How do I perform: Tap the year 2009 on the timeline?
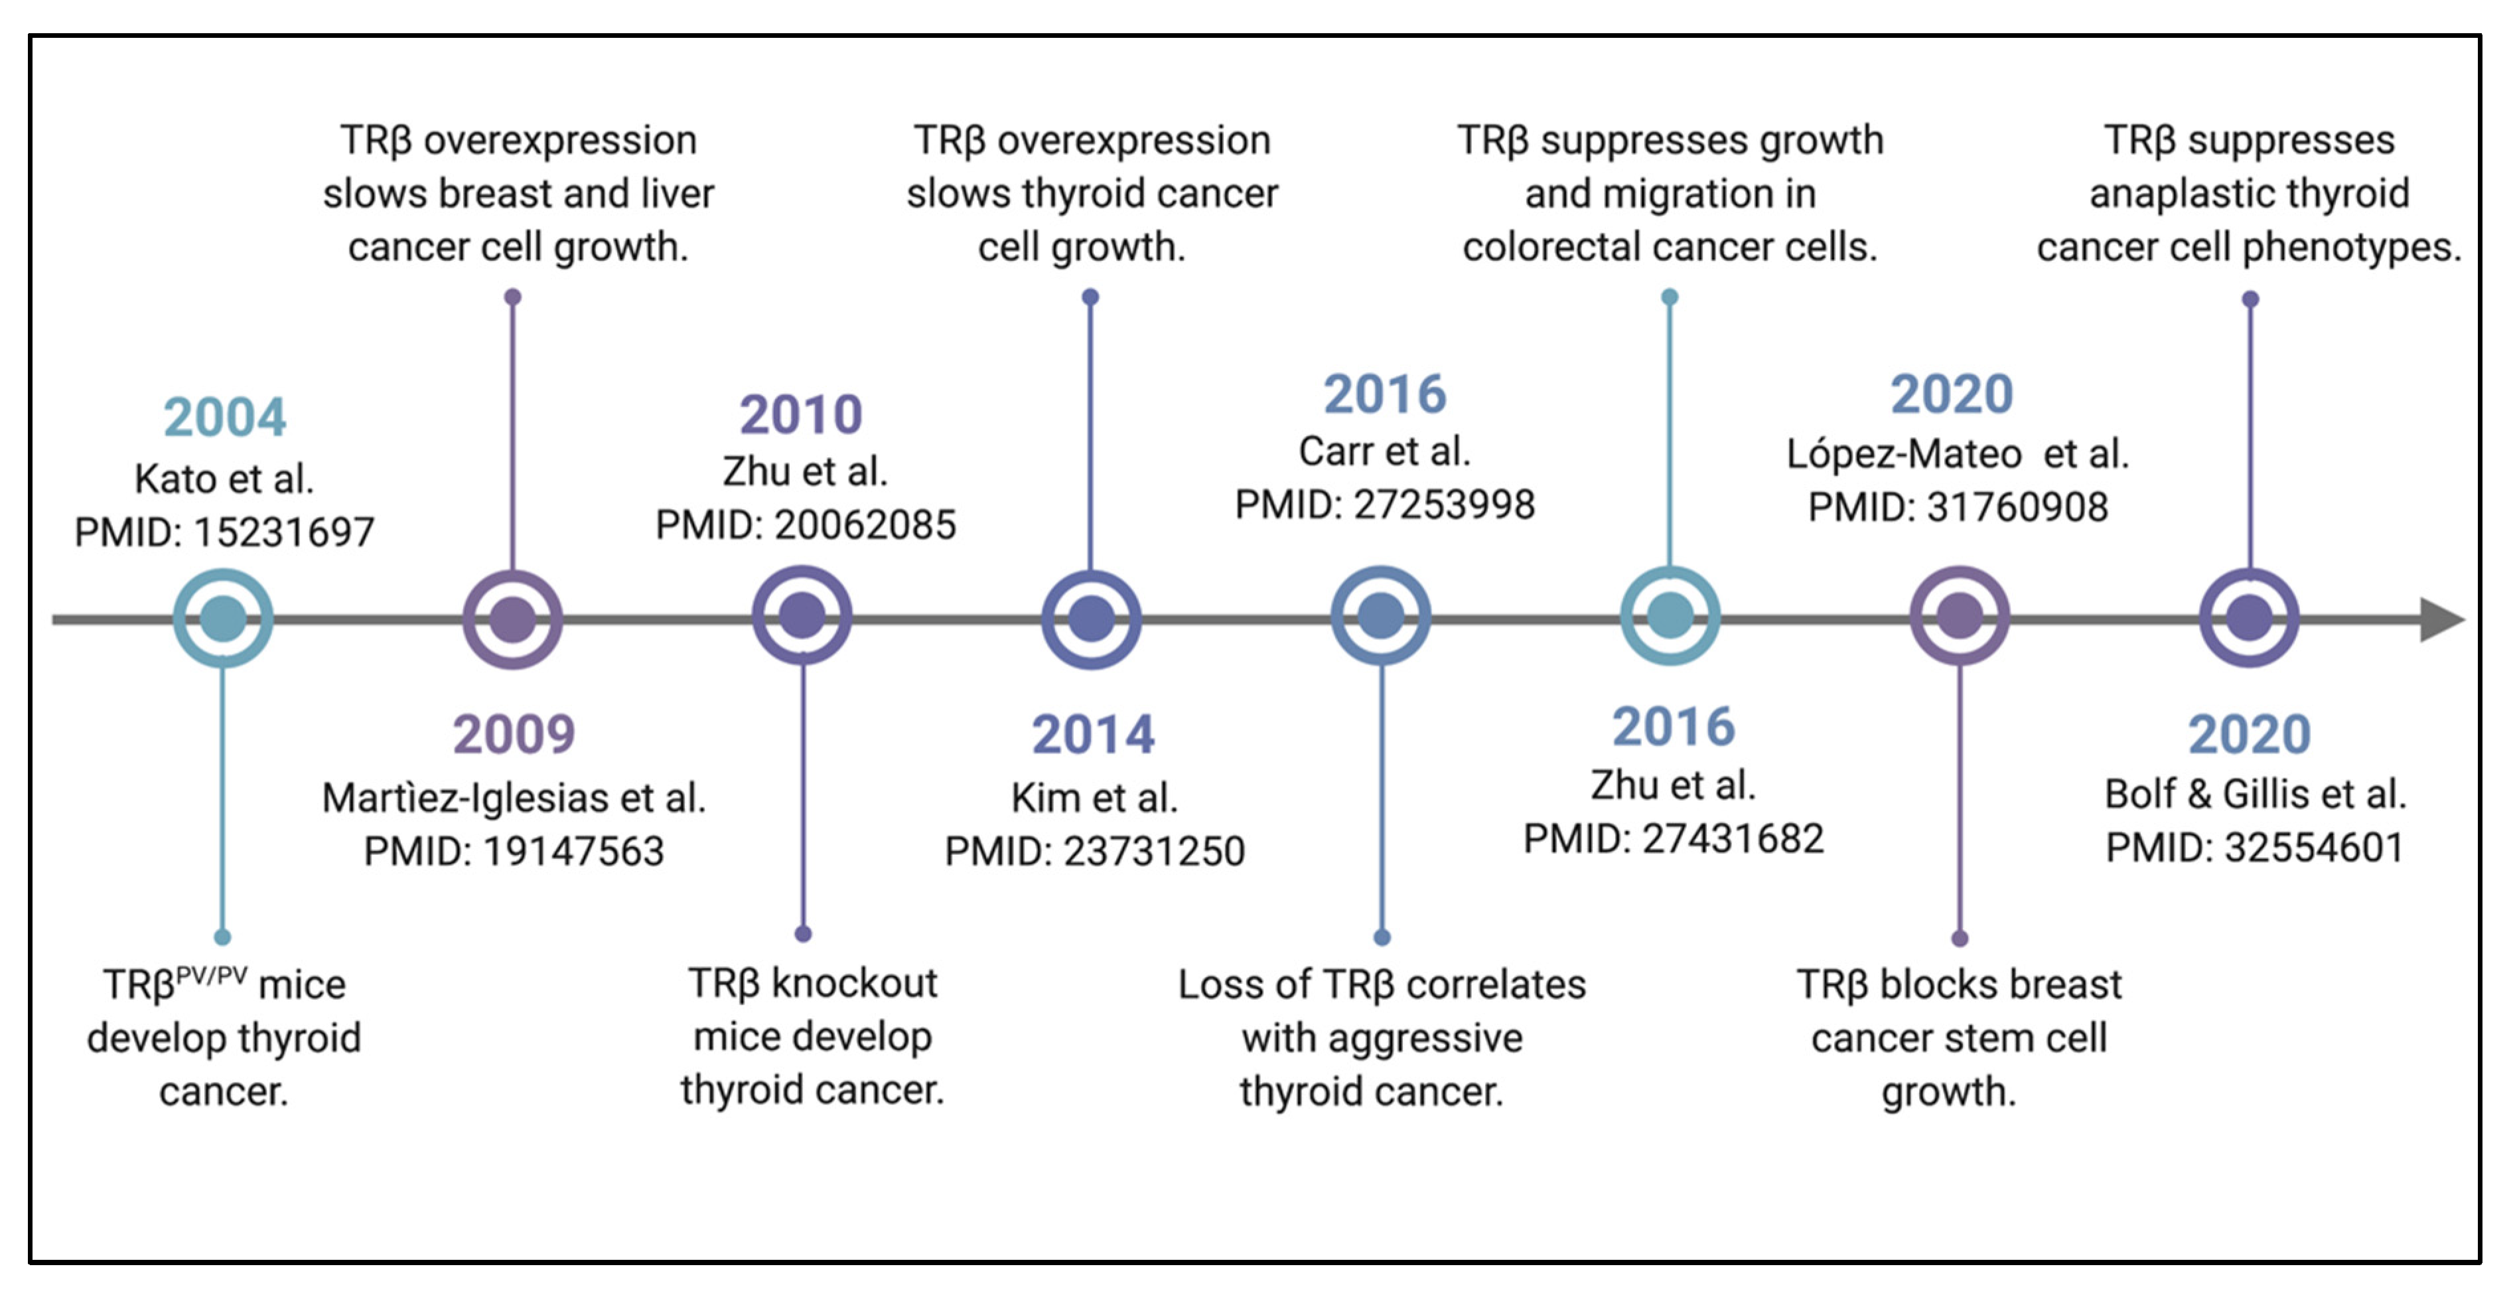(x=514, y=733)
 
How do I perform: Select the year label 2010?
(x=800, y=414)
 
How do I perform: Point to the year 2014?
(x=1092, y=733)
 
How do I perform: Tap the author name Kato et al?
(x=224, y=479)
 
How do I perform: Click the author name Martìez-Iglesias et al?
(x=514, y=798)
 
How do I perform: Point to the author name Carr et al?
(x=1384, y=451)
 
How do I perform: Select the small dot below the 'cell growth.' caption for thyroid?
(x=1090, y=297)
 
